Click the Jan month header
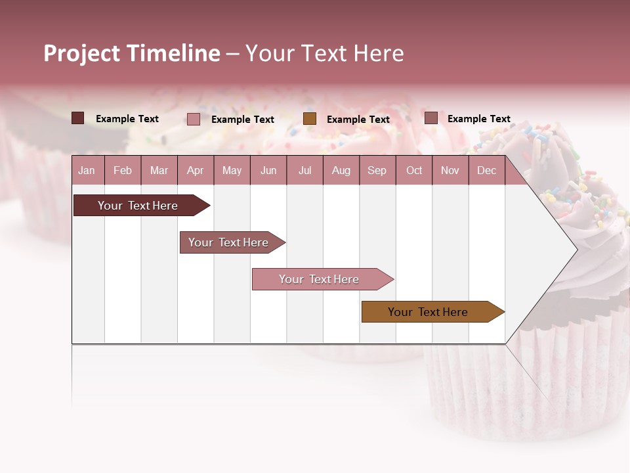(x=87, y=170)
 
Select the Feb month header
(x=123, y=170)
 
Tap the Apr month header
(x=195, y=170)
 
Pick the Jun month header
(x=268, y=170)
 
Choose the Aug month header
(x=341, y=170)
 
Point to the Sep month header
(x=377, y=170)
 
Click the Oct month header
(x=413, y=170)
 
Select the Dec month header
(x=486, y=170)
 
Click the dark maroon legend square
(x=78, y=118)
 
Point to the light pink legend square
(x=194, y=119)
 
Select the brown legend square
(x=310, y=119)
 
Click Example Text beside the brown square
(x=358, y=120)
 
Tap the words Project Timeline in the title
(x=132, y=53)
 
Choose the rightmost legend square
(x=431, y=118)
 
